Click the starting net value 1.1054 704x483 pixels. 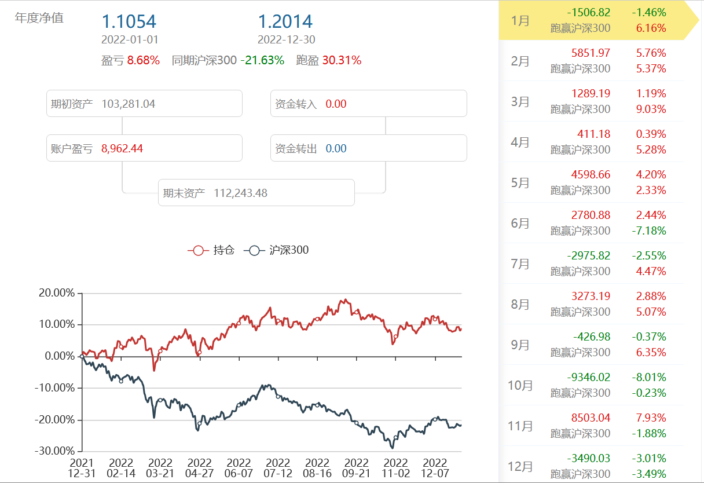(129, 21)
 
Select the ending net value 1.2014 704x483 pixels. (285, 21)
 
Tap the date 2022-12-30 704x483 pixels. (286, 40)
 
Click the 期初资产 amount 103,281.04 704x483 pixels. (128, 104)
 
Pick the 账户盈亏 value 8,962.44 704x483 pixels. (122, 149)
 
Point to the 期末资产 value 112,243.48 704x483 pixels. (240, 193)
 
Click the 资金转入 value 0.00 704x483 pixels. (336, 104)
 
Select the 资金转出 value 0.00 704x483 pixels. (336, 149)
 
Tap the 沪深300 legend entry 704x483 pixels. (276, 250)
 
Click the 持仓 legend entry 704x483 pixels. (211, 250)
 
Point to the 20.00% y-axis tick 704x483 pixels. (57, 293)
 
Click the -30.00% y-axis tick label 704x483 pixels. (56, 451)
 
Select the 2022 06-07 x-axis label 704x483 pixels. (239, 468)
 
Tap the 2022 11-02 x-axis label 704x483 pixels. (396, 468)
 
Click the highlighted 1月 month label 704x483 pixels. (520, 20)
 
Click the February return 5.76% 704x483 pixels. (650, 53)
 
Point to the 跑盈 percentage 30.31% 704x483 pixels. (342, 60)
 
